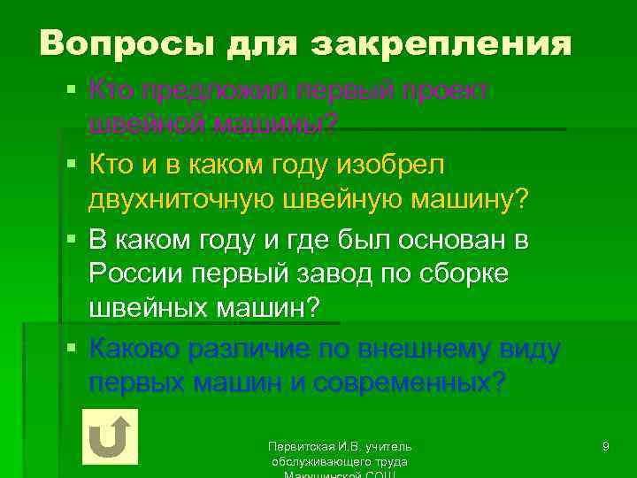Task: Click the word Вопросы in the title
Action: click(x=100, y=43)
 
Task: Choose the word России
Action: click(x=133, y=274)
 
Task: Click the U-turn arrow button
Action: click(x=111, y=436)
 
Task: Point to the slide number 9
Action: click(x=605, y=447)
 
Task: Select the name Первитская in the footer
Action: click(x=301, y=447)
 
